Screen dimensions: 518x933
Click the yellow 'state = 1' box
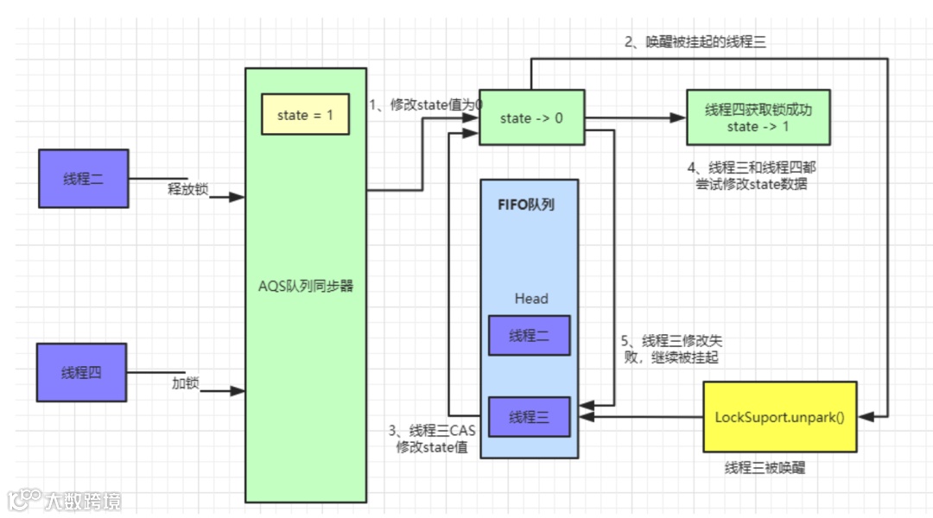[x=305, y=115]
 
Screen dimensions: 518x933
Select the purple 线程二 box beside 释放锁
[x=84, y=179]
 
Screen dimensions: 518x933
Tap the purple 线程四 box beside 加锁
[x=81, y=373]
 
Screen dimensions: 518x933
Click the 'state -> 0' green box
[x=531, y=117]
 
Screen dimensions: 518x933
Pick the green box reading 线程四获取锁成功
[x=758, y=117]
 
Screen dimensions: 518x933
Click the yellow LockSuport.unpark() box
[x=779, y=417]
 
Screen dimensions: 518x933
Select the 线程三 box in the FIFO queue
[x=529, y=417]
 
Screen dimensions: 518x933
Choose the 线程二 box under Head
[x=529, y=335]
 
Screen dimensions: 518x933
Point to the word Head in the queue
[x=531, y=299]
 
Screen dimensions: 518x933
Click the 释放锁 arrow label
[x=187, y=189]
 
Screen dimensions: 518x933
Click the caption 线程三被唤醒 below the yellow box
[x=765, y=468]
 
